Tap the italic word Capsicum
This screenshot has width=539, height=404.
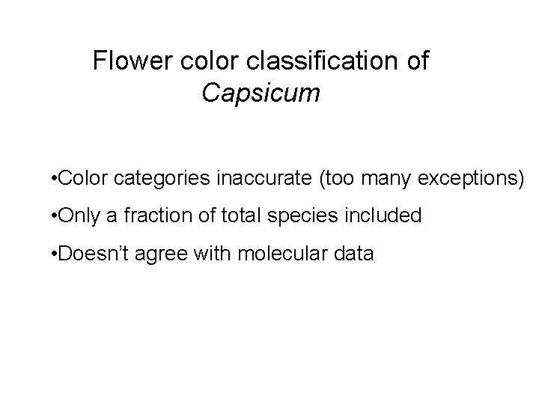click(x=261, y=94)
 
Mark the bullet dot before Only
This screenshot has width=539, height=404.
click(x=47, y=217)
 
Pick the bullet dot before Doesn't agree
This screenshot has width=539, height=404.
click(x=47, y=254)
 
